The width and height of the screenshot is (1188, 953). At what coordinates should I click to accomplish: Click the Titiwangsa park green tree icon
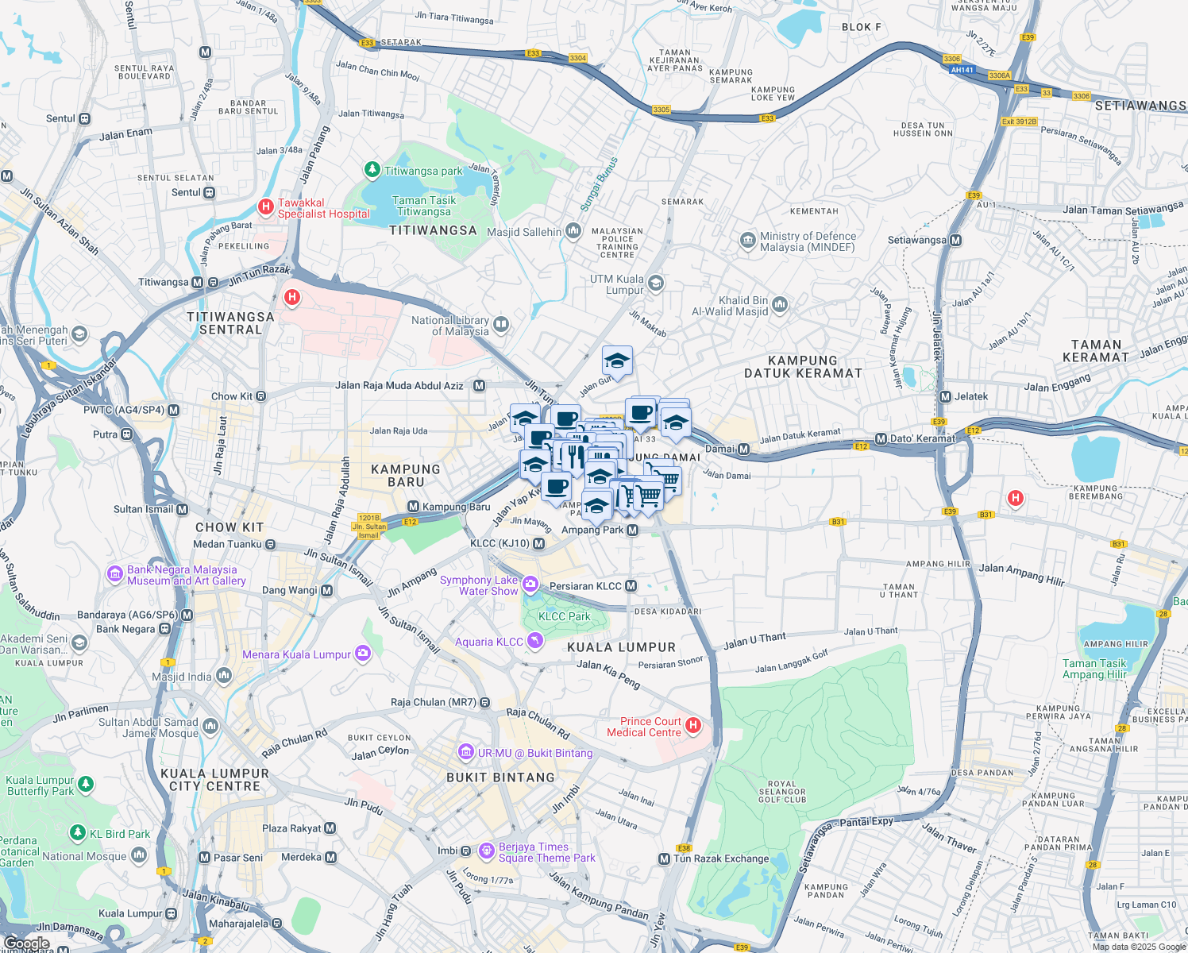pos(372,170)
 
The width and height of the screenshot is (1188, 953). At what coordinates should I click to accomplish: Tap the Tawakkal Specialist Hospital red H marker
pos(266,207)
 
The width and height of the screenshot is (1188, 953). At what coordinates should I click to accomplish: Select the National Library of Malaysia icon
pos(501,324)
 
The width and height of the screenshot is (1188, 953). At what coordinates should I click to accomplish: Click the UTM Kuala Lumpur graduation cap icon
pos(655,283)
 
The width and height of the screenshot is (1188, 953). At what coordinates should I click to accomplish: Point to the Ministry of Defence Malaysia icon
pos(747,240)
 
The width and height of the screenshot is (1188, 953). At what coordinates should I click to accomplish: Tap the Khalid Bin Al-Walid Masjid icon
pos(780,305)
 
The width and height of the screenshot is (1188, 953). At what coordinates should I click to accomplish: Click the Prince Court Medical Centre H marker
pos(693,725)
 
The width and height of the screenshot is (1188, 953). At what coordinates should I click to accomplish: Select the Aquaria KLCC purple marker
pos(535,641)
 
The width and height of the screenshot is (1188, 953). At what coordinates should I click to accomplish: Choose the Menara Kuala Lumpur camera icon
pos(363,654)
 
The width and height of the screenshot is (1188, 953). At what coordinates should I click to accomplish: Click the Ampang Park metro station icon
pos(633,530)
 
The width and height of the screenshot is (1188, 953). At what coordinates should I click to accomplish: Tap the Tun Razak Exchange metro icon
pos(664,858)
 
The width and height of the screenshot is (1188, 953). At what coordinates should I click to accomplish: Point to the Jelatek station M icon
pos(945,396)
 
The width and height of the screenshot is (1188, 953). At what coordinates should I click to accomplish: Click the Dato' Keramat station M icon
pos(881,438)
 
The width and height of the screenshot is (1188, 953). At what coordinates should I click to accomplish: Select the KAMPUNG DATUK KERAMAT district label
pos(803,367)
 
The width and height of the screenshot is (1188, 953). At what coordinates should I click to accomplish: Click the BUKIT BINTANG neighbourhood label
pos(500,777)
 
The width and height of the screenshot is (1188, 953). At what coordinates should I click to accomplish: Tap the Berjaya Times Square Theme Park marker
pos(487,851)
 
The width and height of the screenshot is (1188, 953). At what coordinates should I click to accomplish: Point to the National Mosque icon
pos(139,855)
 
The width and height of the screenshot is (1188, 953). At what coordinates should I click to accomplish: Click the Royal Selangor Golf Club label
pos(782,792)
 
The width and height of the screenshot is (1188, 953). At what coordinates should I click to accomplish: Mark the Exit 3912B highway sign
pos(1019,122)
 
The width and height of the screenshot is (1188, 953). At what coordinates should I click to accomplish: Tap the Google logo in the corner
pos(26,943)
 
